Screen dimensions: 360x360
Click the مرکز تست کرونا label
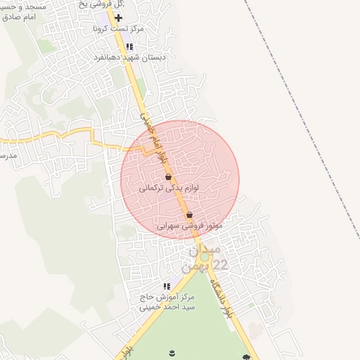click(x=118, y=29)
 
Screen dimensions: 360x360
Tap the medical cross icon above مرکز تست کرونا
click(x=118, y=17)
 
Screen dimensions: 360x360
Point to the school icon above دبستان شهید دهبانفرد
click(x=129, y=46)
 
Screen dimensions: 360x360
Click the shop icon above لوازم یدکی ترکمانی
click(x=167, y=178)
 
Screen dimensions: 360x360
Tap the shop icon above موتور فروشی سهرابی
click(x=189, y=215)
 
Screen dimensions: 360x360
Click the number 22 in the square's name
click(x=220, y=264)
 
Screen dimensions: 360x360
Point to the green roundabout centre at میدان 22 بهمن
click(x=204, y=257)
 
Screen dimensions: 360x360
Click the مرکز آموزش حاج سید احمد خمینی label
click(x=167, y=302)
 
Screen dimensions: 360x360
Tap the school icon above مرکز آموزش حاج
click(x=167, y=286)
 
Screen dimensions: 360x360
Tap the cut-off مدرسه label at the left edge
click(x=6, y=154)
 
